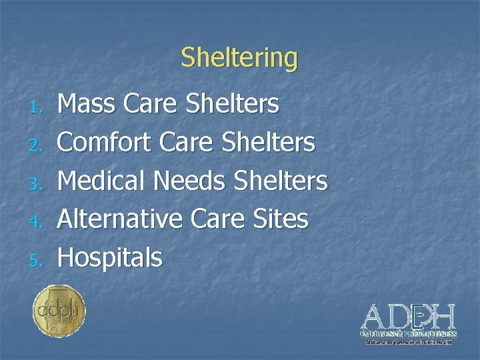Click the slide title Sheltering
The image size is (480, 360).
(x=239, y=58)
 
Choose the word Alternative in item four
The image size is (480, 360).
(x=120, y=218)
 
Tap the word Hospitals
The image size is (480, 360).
(x=110, y=257)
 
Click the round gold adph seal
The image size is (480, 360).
(x=59, y=310)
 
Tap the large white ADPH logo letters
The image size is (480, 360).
(x=408, y=316)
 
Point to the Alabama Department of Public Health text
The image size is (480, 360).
(x=408, y=342)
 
